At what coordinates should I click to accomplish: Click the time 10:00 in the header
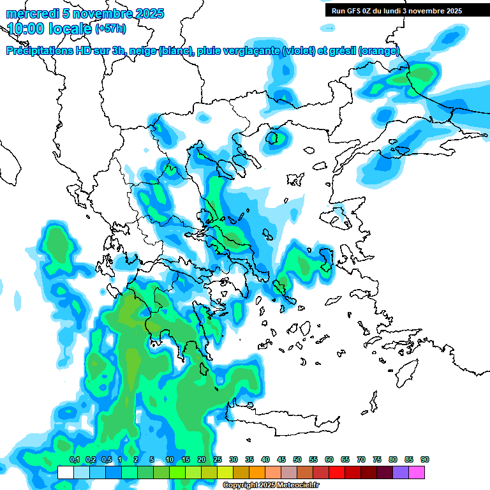point(33,28)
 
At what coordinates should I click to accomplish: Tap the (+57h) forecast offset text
point(110,29)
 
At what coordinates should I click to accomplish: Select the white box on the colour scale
point(65,472)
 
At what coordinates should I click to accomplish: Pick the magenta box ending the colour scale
point(416,472)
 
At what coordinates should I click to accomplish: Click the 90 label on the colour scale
point(424,460)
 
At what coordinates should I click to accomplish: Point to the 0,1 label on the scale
point(74,460)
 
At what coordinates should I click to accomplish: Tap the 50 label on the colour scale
point(297,460)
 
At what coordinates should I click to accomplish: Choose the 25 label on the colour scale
point(217,460)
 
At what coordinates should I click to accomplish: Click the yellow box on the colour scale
point(225,472)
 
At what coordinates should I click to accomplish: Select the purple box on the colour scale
point(400,472)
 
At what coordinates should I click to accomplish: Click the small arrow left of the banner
point(329,28)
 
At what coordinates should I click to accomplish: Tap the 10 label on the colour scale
point(170,460)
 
